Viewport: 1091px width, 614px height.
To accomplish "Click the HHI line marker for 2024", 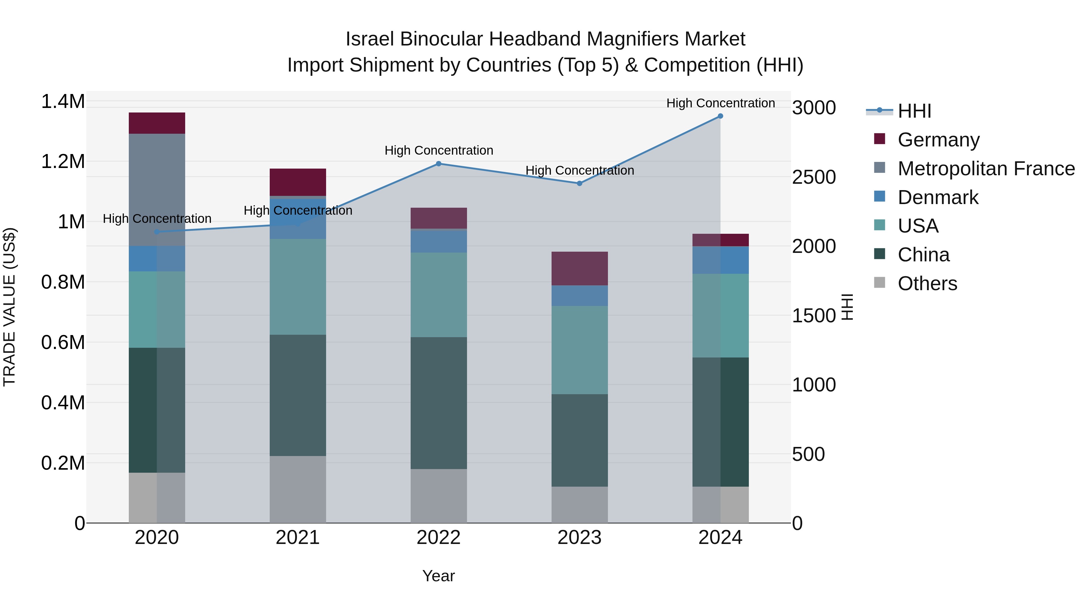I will coord(720,116).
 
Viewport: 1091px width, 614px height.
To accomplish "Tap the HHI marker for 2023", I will coord(579,183).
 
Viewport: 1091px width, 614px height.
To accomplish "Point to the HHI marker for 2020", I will coord(157,232).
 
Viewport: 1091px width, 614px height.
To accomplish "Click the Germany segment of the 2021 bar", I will coord(298,182).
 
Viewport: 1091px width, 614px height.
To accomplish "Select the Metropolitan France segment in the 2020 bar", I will coord(157,190).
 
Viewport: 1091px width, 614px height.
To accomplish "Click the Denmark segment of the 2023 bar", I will coord(579,295).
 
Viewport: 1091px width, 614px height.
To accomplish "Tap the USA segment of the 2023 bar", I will coord(579,350).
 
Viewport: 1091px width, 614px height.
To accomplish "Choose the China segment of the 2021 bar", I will coord(298,395).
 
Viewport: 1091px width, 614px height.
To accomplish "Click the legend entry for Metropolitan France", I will coord(986,169).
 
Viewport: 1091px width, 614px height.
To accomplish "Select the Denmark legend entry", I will coord(938,197).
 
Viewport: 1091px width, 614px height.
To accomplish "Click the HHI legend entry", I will coord(914,111).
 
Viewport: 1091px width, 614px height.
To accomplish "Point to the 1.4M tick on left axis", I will coord(63,102).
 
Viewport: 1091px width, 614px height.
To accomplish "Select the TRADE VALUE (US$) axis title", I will coord(9,307).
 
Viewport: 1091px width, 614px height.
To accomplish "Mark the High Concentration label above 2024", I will coord(720,103).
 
